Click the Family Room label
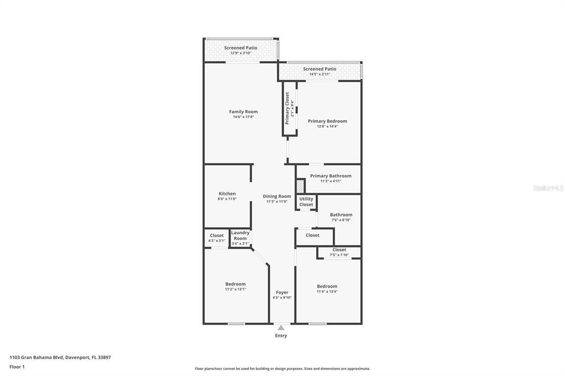point(243,112)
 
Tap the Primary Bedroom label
point(327,121)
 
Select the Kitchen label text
point(227,194)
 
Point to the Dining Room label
point(276,196)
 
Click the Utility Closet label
point(306,202)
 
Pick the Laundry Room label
point(240,235)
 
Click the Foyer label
point(282,292)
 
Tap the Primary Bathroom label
point(331,176)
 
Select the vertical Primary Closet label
point(287,108)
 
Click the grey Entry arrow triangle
point(281,327)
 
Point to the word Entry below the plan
point(281,336)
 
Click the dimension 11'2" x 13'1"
point(235,289)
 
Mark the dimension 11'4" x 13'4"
point(327,291)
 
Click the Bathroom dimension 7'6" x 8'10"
point(341,220)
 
